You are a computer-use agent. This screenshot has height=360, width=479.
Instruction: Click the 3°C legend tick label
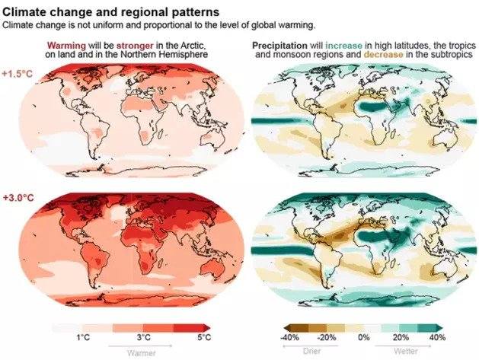click(x=143, y=336)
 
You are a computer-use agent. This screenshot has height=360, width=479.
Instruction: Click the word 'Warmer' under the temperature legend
click(x=142, y=352)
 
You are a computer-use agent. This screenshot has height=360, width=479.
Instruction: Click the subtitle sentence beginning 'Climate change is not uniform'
click(x=152, y=25)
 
